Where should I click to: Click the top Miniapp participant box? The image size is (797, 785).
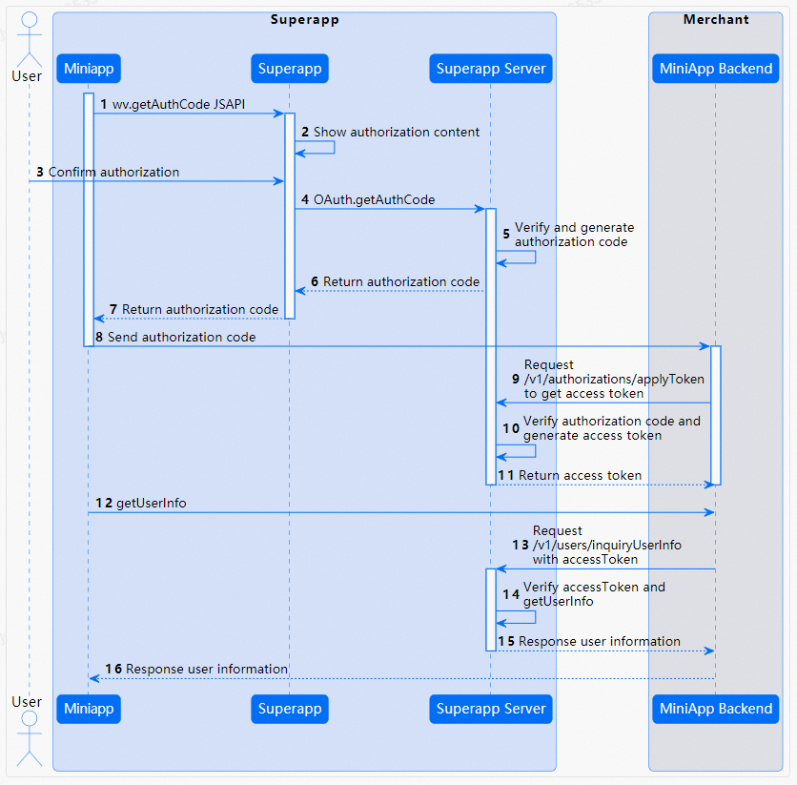click(89, 69)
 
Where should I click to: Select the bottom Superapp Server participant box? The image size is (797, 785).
click(491, 709)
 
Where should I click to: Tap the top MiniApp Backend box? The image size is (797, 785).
click(716, 69)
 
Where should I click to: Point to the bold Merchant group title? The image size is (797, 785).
click(716, 19)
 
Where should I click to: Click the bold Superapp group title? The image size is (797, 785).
click(304, 19)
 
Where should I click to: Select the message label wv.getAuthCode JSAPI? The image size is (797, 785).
click(179, 104)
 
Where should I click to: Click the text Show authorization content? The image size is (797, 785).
click(397, 132)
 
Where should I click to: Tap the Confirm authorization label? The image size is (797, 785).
click(113, 172)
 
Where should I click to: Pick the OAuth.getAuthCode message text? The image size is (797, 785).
click(374, 199)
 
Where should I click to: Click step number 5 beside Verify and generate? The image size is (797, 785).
click(506, 234)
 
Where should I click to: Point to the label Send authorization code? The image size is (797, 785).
click(181, 337)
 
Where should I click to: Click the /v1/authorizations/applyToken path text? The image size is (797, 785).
click(614, 379)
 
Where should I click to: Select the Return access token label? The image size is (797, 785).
click(580, 475)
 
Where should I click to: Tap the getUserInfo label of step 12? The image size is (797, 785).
click(151, 503)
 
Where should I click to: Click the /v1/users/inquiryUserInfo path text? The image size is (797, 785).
click(607, 545)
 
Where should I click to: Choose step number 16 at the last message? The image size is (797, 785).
click(113, 669)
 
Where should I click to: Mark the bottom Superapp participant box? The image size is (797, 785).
click(290, 709)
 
